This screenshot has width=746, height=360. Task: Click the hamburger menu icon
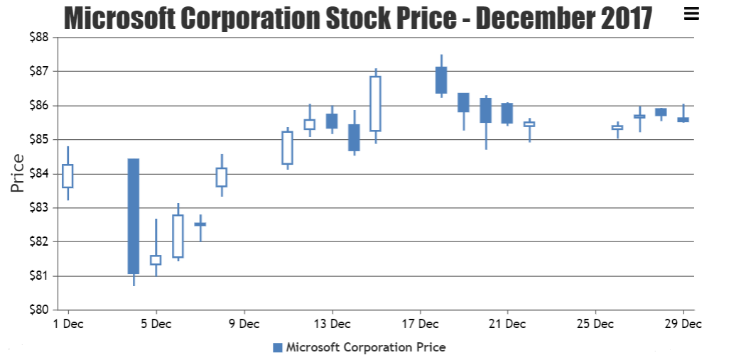pyautogui.click(x=691, y=13)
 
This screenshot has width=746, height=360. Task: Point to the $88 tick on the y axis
pyautogui.click(x=38, y=37)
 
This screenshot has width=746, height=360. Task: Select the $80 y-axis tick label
pyautogui.click(x=38, y=310)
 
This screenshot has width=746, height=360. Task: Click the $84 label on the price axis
pyautogui.click(x=38, y=173)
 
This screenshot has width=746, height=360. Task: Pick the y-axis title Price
pyautogui.click(x=18, y=173)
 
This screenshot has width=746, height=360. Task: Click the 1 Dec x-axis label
pyautogui.click(x=67, y=324)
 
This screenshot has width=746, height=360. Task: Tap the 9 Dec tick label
pyautogui.click(x=244, y=324)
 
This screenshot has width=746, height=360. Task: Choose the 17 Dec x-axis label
pyautogui.click(x=420, y=324)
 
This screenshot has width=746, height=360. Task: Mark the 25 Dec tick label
pyautogui.click(x=595, y=324)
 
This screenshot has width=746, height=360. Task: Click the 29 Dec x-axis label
pyautogui.click(x=683, y=324)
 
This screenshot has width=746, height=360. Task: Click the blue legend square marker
pyautogui.click(x=278, y=347)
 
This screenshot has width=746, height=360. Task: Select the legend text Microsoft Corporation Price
pyautogui.click(x=366, y=347)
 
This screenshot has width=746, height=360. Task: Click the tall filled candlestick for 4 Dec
pyautogui.click(x=134, y=216)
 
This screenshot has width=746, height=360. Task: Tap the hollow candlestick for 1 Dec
pyautogui.click(x=67, y=175)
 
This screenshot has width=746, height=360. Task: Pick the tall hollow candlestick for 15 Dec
pyautogui.click(x=375, y=104)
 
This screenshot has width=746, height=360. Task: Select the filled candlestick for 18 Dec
pyautogui.click(x=441, y=80)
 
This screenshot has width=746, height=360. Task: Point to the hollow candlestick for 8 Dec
pyautogui.click(x=222, y=177)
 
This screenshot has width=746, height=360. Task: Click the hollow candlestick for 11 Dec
pyautogui.click(x=287, y=148)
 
